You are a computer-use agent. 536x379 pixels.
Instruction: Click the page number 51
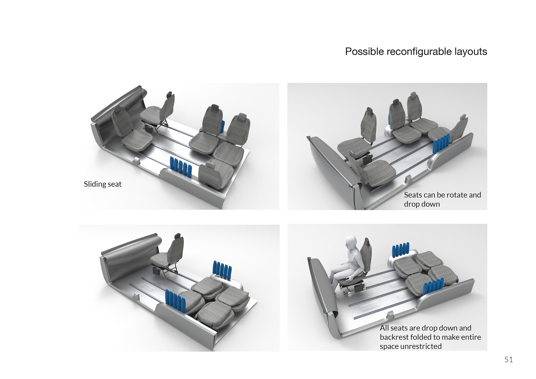pyautogui.click(x=508, y=360)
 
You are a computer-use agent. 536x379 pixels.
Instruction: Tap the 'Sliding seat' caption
pyautogui.click(x=103, y=184)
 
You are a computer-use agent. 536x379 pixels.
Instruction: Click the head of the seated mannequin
pyautogui.click(x=351, y=243)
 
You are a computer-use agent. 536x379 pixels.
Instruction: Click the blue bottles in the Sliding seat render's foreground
pyautogui.click(x=181, y=166)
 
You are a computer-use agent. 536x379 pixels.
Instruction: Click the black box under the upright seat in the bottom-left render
pyautogui.click(x=158, y=270)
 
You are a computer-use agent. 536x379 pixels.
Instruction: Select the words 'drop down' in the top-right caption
pyautogui.click(x=422, y=204)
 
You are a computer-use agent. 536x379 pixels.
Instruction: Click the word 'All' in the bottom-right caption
pyautogui.click(x=385, y=328)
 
